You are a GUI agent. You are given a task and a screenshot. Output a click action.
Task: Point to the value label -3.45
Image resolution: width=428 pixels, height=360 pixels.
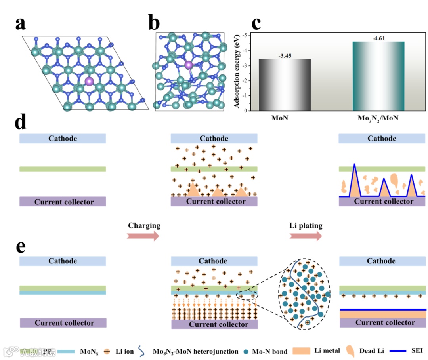[285, 56]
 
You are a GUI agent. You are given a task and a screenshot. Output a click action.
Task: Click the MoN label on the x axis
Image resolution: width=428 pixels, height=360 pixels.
[285, 118]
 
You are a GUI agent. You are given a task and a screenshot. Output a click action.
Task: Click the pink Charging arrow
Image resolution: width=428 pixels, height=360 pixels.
[143, 236]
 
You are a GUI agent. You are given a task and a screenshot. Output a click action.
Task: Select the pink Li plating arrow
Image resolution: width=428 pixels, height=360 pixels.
[306, 236]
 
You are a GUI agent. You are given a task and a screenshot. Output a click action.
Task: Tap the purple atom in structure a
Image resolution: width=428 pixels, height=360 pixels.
[90, 81]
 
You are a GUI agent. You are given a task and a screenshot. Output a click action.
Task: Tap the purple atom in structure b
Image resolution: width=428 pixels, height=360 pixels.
[189, 65]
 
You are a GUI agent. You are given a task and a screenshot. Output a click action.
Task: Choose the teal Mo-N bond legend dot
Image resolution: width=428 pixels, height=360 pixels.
[246, 351]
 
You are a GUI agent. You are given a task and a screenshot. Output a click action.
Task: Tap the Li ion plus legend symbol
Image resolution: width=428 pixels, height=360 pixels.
[107, 351]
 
